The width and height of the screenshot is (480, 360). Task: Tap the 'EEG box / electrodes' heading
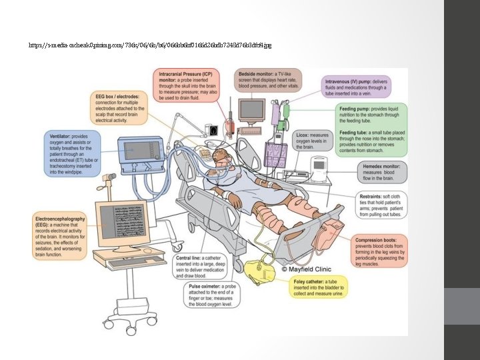click(x=116, y=97)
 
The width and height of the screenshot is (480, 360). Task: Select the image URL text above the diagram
click(x=150, y=45)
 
